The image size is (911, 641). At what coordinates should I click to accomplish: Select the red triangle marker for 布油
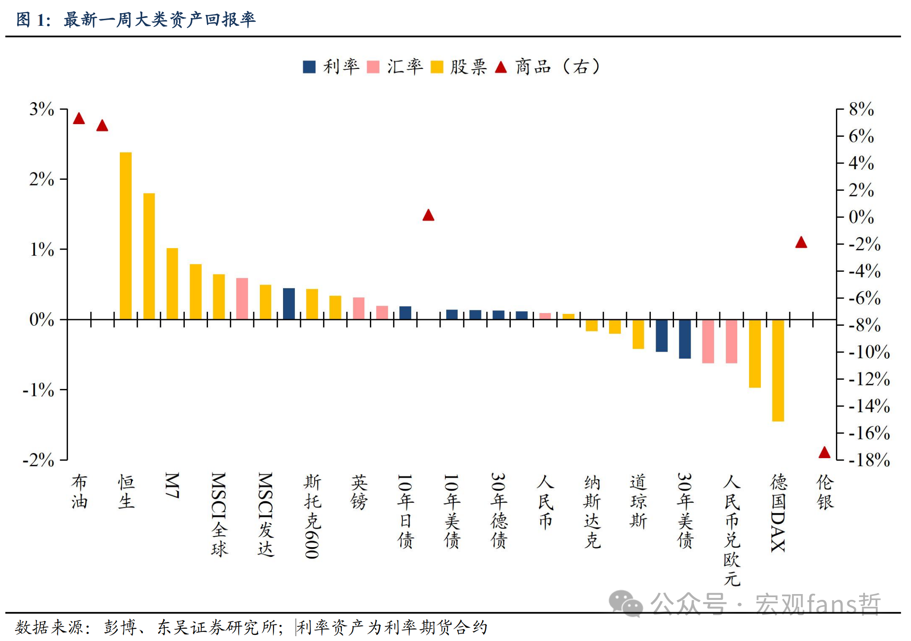79,118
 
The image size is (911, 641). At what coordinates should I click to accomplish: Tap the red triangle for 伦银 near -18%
825,452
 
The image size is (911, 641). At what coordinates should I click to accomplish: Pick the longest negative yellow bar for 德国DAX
778,370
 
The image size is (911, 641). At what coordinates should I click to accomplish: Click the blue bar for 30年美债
685,339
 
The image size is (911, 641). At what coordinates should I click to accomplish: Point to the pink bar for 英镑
359,308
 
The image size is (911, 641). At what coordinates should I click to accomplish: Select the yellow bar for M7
172,284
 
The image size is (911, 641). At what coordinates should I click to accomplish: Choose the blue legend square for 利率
309,67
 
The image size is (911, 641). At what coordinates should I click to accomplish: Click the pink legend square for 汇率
373,67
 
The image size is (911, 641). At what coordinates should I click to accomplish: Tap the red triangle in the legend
501,67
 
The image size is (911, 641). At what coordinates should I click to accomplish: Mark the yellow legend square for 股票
437,67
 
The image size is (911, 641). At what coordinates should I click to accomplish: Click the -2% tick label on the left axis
39,460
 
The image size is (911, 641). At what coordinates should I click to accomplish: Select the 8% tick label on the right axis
861,109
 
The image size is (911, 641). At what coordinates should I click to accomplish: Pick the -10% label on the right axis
869,352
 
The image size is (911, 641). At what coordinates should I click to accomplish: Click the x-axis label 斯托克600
312,516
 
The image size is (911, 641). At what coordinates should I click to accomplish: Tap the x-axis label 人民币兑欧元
732,530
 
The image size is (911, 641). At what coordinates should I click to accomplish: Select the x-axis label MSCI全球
219,514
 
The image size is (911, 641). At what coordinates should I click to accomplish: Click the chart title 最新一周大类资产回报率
159,20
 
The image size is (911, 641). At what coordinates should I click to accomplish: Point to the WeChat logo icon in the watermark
625,603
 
